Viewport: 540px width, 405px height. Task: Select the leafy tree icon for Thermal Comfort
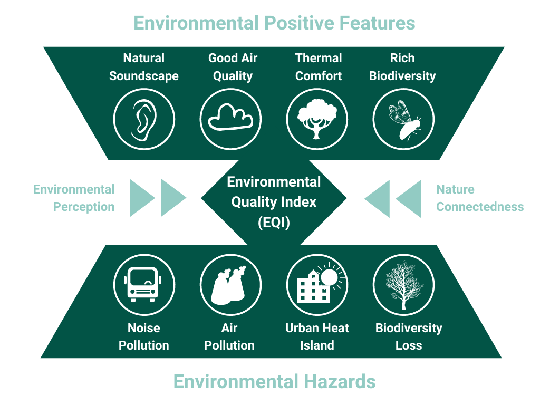point(317,119)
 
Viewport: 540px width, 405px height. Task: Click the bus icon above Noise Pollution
point(143,284)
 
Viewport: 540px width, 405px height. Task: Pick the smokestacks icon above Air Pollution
point(228,285)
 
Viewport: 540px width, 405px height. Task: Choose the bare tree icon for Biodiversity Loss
point(404,285)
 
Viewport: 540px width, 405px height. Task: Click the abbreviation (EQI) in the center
point(274,222)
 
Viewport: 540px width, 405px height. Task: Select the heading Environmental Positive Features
point(274,23)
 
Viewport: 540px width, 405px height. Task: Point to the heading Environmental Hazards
point(274,382)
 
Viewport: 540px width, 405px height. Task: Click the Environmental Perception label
point(74,198)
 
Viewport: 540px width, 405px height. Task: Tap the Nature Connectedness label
point(480,198)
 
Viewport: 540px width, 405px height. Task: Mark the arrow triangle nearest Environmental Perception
point(141,198)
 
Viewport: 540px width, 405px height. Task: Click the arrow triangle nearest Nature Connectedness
point(410,199)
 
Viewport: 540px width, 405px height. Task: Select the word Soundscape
point(144,76)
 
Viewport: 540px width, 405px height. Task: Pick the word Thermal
point(319,58)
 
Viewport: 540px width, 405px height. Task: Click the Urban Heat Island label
point(317,336)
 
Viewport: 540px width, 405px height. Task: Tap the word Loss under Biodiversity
point(409,345)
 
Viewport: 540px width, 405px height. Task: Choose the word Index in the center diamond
point(298,202)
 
